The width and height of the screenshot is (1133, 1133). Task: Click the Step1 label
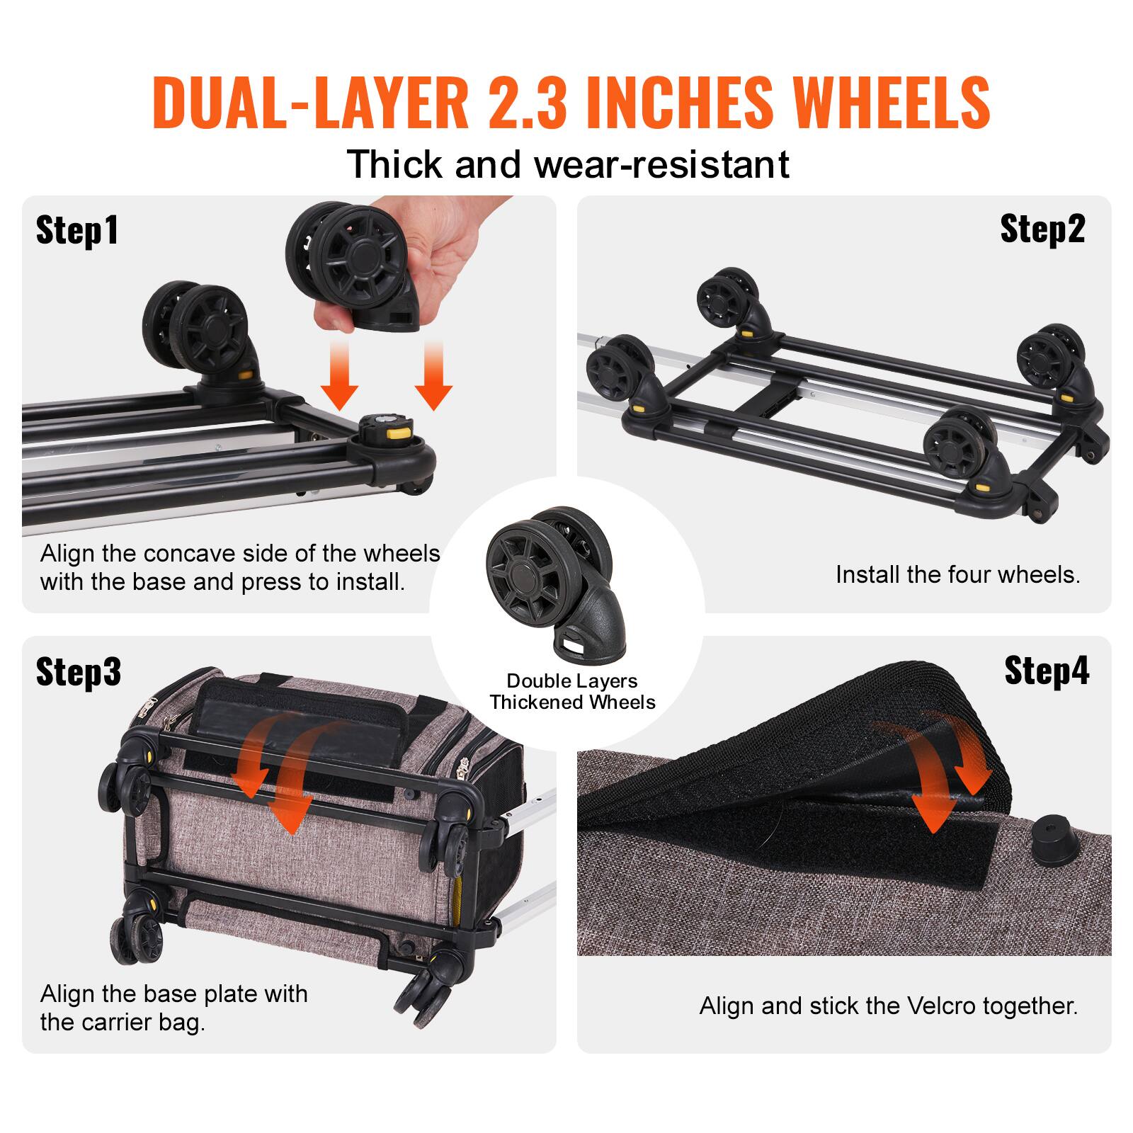tap(77, 231)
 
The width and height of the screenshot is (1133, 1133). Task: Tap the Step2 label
tap(1042, 229)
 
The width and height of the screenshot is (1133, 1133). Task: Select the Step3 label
tap(79, 671)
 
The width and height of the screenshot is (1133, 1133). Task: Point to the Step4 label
tap(1047, 670)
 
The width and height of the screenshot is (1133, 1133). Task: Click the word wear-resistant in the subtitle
tap(661, 164)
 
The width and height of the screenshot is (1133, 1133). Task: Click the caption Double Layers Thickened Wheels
tap(572, 692)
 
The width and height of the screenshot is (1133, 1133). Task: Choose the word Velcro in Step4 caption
tap(943, 1006)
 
